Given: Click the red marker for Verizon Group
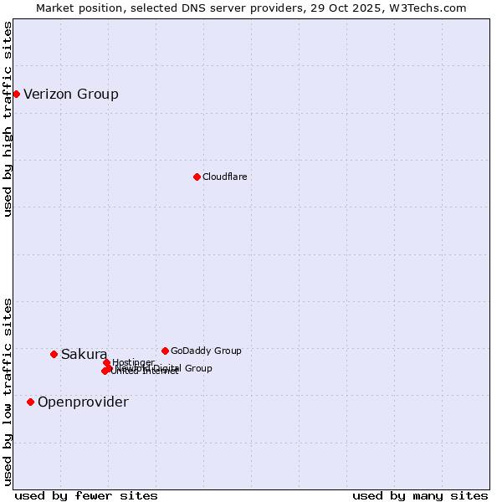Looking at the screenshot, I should [x=16, y=94].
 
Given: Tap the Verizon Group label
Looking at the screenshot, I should [x=71, y=94].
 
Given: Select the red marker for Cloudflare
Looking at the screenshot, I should [x=197, y=177].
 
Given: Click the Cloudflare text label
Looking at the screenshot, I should [x=224, y=177].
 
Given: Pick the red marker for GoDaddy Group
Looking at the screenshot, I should [x=165, y=351].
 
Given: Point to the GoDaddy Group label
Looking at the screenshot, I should [x=206, y=351].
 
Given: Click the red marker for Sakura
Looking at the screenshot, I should [x=54, y=354].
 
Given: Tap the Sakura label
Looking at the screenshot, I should [x=84, y=354].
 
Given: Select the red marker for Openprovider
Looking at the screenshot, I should [x=30, y=402].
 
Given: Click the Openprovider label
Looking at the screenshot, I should [x=83, y=402].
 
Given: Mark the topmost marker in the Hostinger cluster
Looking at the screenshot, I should [x=106, y=362].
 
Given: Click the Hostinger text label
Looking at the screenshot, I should [x=133, y=362].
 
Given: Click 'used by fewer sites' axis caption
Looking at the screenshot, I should [x=86, y=495].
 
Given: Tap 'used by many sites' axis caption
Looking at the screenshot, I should [x=420, y=495].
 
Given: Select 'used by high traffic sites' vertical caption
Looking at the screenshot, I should [x=8, y=119].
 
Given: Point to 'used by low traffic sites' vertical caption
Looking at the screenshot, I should [x=8, y=392].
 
